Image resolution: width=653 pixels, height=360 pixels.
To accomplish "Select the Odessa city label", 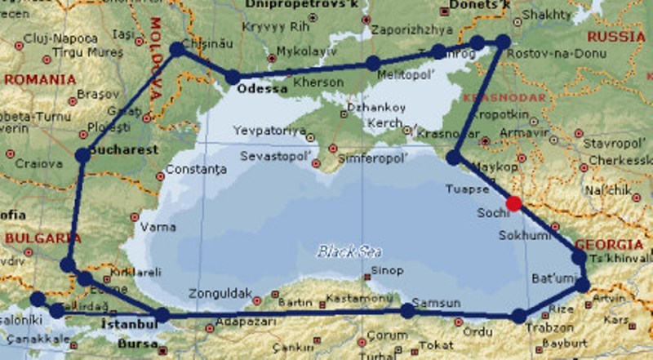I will coord(262,89).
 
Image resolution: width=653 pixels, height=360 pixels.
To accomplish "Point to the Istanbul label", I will coord(127,325).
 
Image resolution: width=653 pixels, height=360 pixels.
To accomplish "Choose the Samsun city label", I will coord(438,304).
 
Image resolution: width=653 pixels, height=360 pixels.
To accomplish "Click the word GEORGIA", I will coord(609,244).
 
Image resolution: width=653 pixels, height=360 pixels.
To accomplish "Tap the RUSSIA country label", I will coord(615,37).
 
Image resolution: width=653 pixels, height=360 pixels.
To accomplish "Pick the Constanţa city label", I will coord(195,171).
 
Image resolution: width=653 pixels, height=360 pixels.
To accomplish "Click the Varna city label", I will coord(158,226).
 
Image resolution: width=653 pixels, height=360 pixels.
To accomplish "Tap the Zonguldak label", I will coord(215,293).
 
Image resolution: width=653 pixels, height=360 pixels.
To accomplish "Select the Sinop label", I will coord(387,271).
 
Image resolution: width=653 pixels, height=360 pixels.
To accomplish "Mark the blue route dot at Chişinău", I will coord(177,50).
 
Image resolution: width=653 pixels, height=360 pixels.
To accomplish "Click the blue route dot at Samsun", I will coord(406,310).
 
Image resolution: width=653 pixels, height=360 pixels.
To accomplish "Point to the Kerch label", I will coord(384,123).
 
